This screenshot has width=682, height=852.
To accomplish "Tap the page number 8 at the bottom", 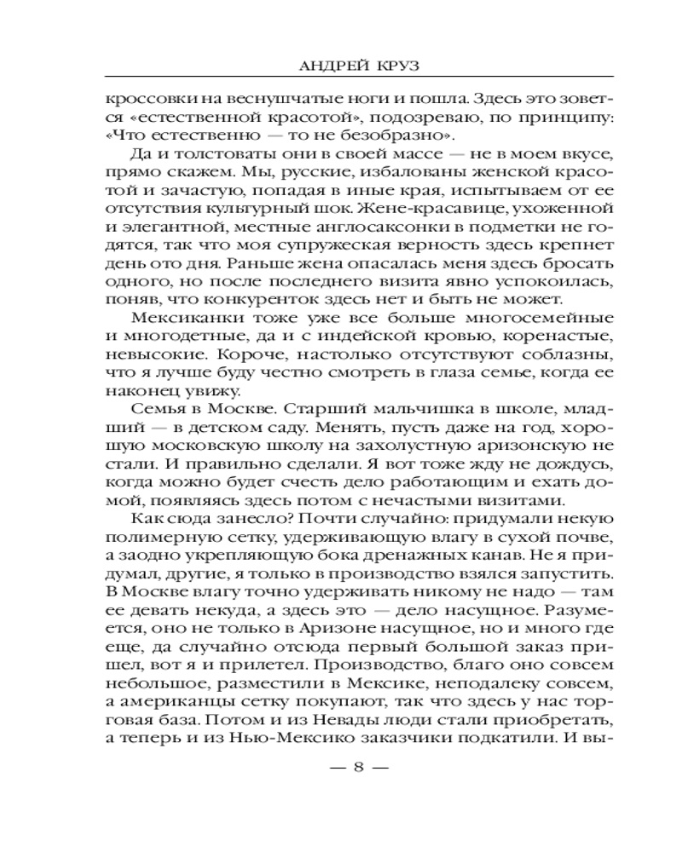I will pyautogui.click(x=358, y=766).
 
